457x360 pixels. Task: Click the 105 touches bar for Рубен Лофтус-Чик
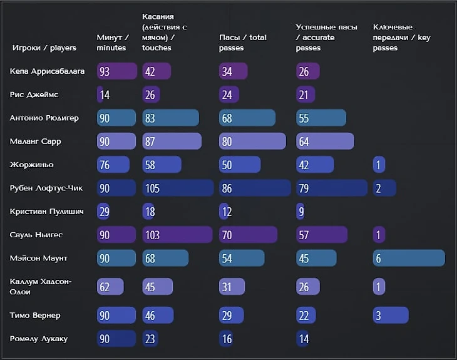[x=177, y=188]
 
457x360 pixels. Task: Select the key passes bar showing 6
[x=409, y=258]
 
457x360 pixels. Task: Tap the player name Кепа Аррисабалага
[x=48, y=71]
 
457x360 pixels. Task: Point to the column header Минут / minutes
[x=113, y=43]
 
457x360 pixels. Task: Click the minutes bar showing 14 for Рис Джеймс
[x=101, y=95]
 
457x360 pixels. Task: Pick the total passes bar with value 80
[x=252, y=141]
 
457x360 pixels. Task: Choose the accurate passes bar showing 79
[x=331, y=188]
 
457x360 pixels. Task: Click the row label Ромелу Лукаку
[x=39, y=339]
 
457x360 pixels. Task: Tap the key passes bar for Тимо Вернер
[x=391, y=316]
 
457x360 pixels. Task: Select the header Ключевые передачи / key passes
[x=401, y=38]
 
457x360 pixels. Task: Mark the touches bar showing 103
[x=177, y=235]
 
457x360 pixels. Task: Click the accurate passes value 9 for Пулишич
[x=300, y=212]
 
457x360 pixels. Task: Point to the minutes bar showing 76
[x=113, y=165]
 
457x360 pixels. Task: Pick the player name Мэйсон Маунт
[x=39, y=258]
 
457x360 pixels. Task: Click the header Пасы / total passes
[x=243, y=43]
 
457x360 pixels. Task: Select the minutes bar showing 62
[x=110, y=287]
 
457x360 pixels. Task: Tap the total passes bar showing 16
[x=227, y=339]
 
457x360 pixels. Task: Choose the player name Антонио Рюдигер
[x=44, y=118]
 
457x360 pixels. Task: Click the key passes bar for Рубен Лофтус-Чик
[x=384, y=188]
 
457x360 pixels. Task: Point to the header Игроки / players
[x=44, y=48]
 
